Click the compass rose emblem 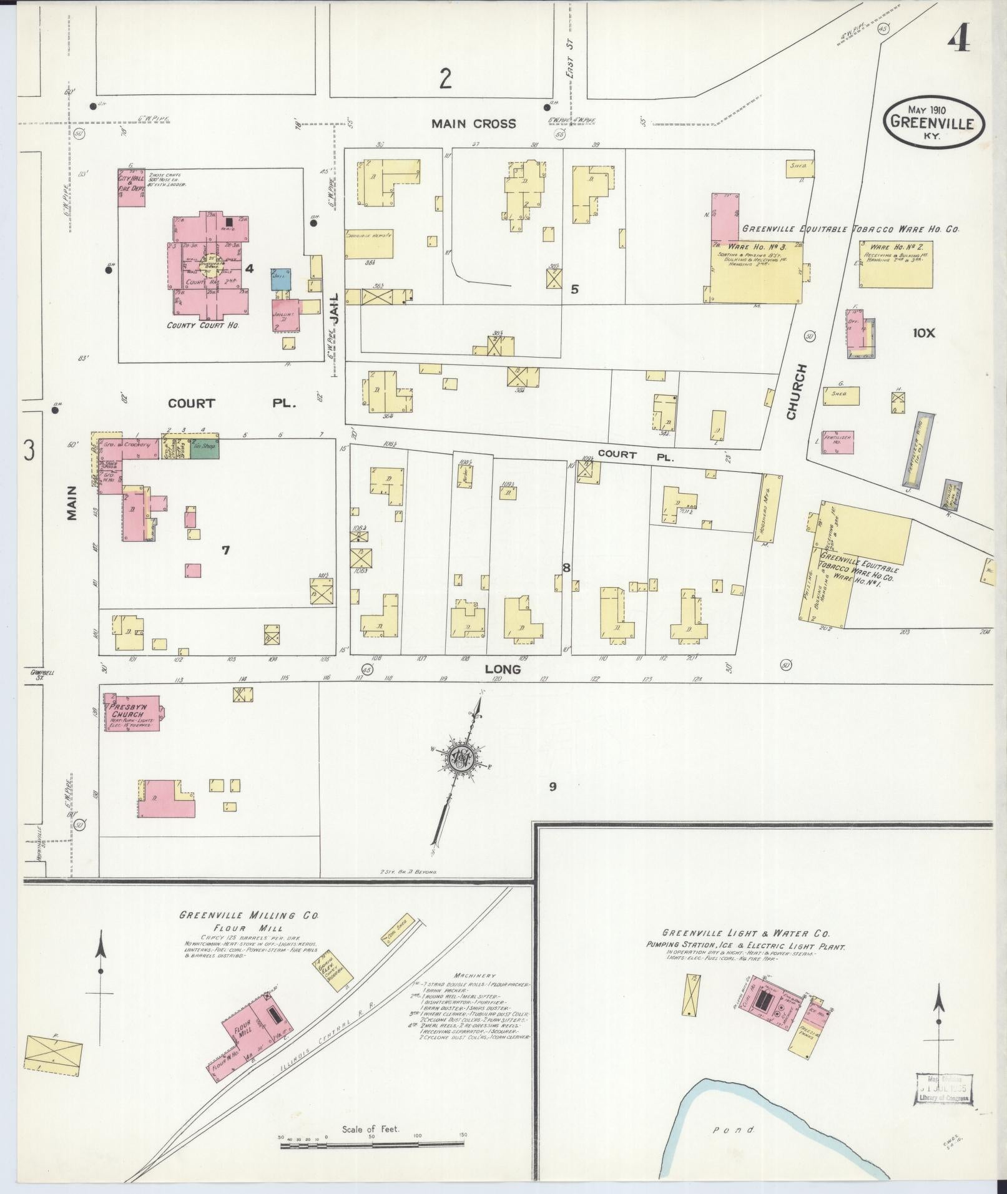(x=463, y=758)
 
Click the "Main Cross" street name (x=474, y=124)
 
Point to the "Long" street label (x=503, y=669)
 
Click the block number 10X (x=924, y=333)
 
